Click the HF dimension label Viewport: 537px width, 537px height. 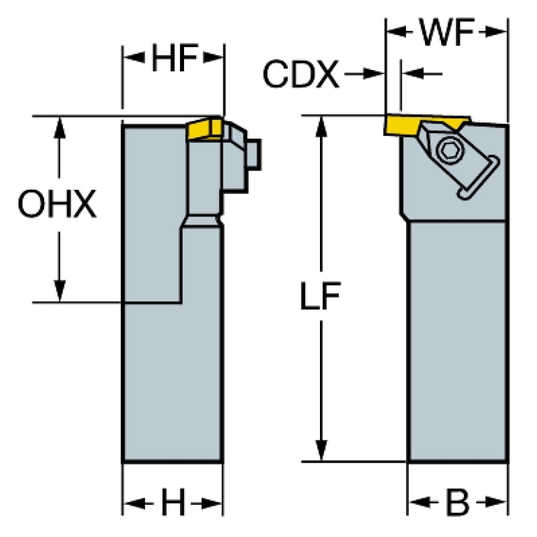click(173, 60)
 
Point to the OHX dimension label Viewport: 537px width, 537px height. click(57, 205)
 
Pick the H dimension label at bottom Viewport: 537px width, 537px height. click(172, 503)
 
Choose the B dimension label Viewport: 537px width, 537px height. click(457, 503)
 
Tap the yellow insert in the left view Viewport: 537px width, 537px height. click(205, 130)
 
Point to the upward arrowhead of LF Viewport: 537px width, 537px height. click(321, 126)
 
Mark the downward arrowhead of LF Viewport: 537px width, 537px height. click(321, 452)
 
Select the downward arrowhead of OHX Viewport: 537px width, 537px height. click(60, 293)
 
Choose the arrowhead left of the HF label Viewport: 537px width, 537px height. click(133, 60)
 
